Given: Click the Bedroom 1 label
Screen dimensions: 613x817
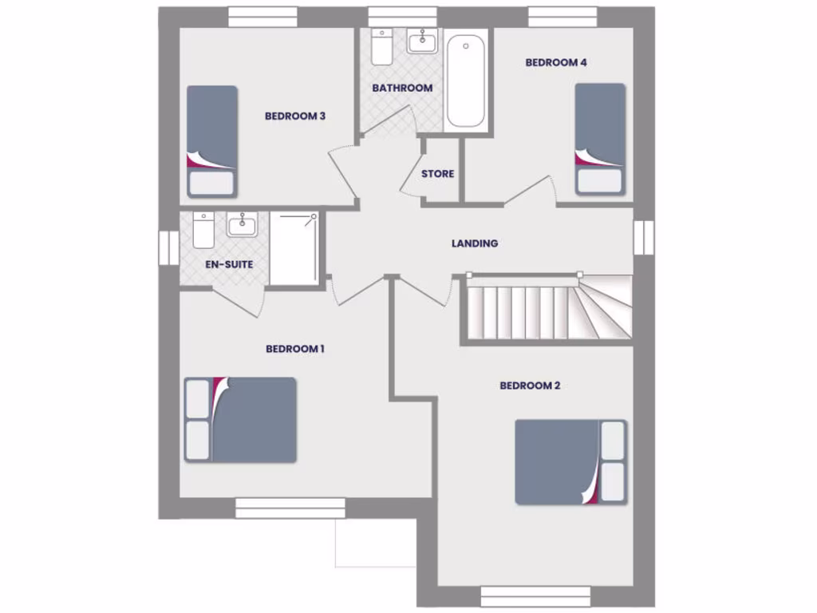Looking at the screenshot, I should tap(294, 349).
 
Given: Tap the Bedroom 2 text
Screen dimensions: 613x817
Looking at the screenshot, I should tap(530, 386).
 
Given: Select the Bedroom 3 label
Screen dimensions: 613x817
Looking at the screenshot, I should tap(294, 116).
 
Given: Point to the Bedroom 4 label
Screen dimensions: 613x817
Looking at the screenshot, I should tap(556, 62).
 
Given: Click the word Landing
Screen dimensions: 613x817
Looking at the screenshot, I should tap(475, 243).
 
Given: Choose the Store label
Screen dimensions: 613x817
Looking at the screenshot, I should tap(437, 173).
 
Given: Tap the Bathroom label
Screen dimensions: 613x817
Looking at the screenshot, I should tap(402, 88).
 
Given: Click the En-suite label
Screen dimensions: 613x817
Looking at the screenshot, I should tap(229, 263).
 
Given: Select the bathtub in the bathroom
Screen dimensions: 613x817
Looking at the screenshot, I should tap(465, 80).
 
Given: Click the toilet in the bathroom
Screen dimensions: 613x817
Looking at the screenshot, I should tap(381, 47).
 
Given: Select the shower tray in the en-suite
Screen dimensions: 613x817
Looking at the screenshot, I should tap(294, 247).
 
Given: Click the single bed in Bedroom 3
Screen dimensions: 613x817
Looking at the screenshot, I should tap(211, 140).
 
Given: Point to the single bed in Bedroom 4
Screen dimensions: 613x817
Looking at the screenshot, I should tap(600, 137).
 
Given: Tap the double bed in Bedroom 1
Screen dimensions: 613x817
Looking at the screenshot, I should tap(241, 420).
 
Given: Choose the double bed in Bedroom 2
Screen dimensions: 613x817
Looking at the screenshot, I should tap(570, 462).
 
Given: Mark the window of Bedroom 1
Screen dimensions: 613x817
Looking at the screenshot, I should tap(290, 508).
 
